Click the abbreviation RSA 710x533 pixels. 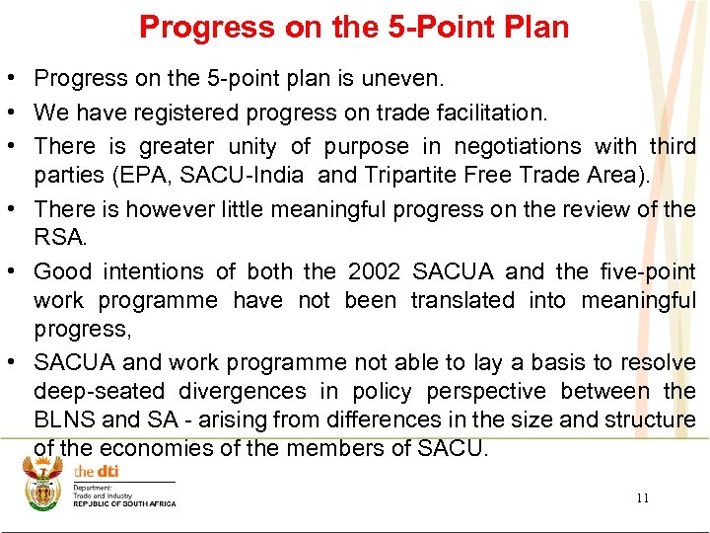pyautogui.click(x=58, y=237)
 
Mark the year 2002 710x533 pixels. pyautogui.click(x=375, y=271)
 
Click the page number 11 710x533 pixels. pyautogui.click(x=642, y=498)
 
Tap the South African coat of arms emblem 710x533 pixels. pyautogui.click(x=43, y=485)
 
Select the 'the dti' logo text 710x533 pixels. pyautogui.click(x=95, y=472)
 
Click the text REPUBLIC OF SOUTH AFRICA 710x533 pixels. pyautogui.click(x=124, y=504)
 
